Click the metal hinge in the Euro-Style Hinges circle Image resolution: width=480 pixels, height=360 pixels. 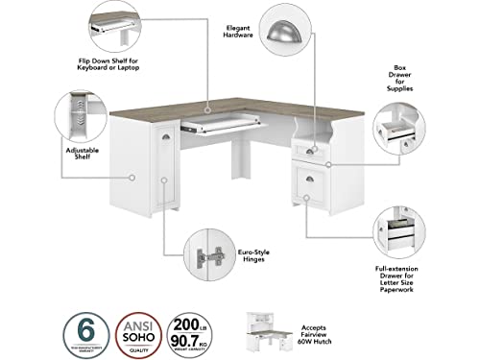pyautogui.click(x=209, y=257)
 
